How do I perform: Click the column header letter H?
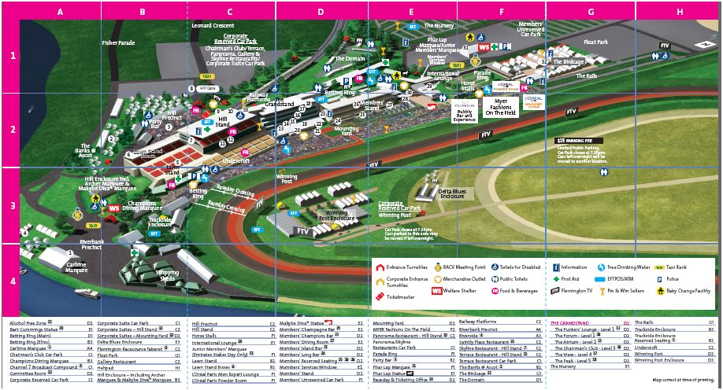pyautogui.click(x=679, y=12)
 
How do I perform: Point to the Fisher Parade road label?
pyautogui.click(x=118, y=42)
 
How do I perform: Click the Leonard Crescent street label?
pyautogui.click(x=213, y=25)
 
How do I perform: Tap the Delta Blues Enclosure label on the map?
pyautogui.click(x=456, y=193)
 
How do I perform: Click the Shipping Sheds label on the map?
pyautogui.click(x=166, y=276)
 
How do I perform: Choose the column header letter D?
pyautogui.click(x=321, y=12)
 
